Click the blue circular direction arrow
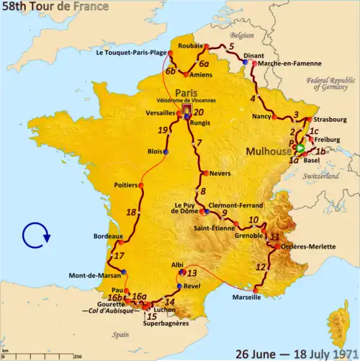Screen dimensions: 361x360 [35, 235]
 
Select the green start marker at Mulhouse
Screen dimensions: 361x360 [301, 149]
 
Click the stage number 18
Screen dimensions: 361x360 [131, 213]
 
